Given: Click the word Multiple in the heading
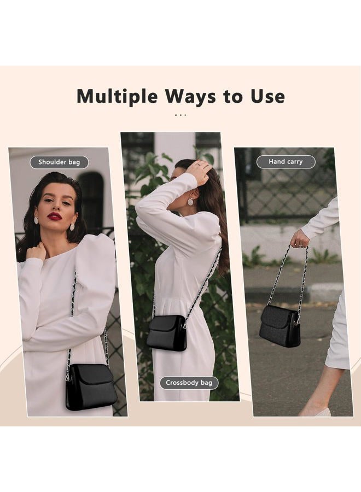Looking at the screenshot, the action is pyautogui.click(x=117, y=96).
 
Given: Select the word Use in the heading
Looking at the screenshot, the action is pyautogui.click(x=267, y=96).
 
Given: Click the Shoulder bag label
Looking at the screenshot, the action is pyautogui.click(x=59, y=162).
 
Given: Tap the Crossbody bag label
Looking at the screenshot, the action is pyautogui.click(x=189, y=383).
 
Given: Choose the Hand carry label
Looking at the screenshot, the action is pyautogui.click(x=286, y=162).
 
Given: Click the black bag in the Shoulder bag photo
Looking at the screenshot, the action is pyautogui.click(x=91, y=387).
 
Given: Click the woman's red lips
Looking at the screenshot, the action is pyautogui.click(x=54, y=216).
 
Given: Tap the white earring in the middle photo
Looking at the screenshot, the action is pyautogui.click(x=190, y=202).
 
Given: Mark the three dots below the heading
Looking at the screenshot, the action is pyautogui.click(x=180, y=115).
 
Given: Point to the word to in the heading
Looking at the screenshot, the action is pyautogui.click(x=233, y=97).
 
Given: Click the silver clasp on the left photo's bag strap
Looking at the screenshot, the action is pyautogui.click(x=68, y=374).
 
